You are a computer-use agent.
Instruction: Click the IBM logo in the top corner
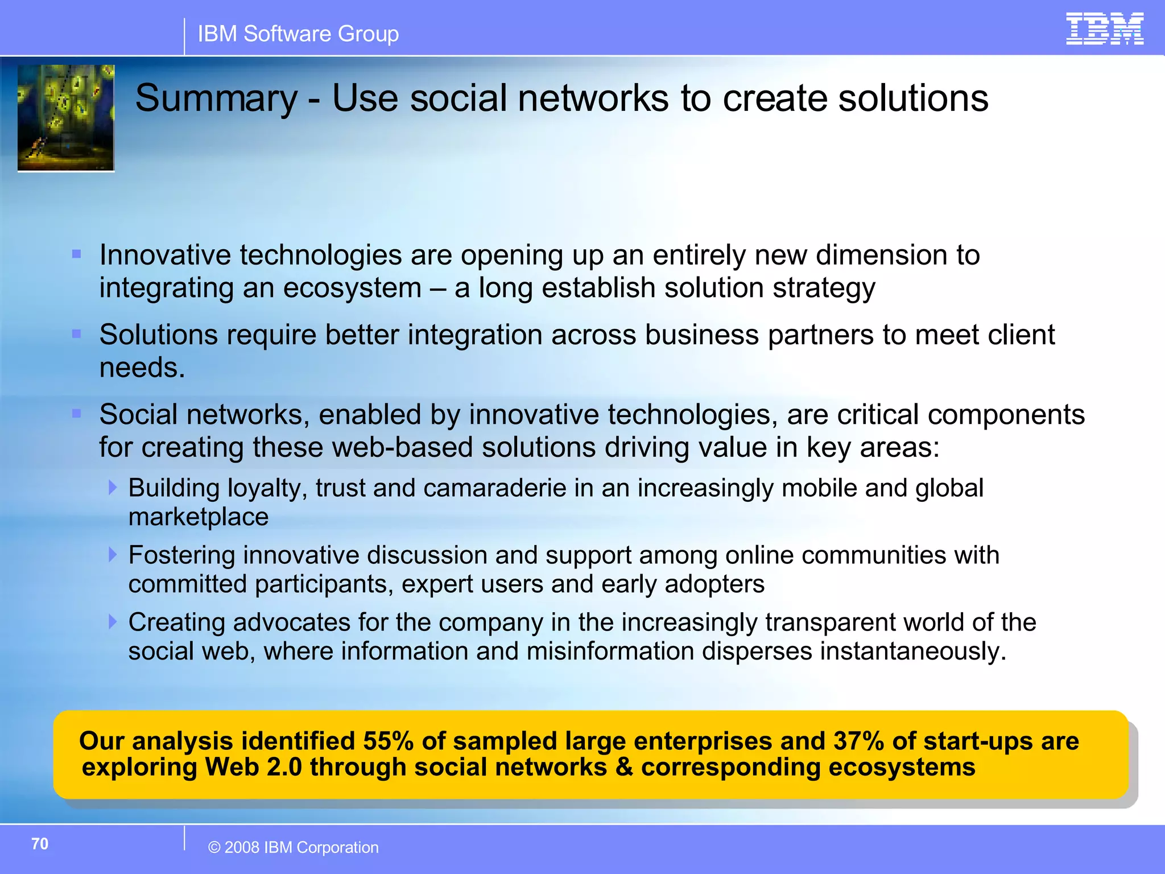pyautogui.click(x=1104, y=28)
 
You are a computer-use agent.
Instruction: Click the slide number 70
pyautogui.click(x=40, y=843)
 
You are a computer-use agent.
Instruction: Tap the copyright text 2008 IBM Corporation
pyautogui.click(x=294, y=847)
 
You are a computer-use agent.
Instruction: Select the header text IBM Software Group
pyautogui.click(x=298, y=34)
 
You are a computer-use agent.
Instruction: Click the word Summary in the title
pyautogui.click(x=216, y=98)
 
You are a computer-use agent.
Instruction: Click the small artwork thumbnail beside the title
pyautogui.click(x=66, y=118)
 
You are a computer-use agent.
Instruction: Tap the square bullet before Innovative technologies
pyautogui.click(x=77, y=254)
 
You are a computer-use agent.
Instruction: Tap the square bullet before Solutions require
pyautogui.click(x=77, y=334)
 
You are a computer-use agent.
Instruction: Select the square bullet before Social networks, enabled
pyautogui.click(x=77, y=414)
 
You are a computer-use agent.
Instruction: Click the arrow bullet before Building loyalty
pyautogui.click(x=113, y=487)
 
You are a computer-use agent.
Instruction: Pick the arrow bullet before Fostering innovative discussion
pyautogui.click(x=113, y=554)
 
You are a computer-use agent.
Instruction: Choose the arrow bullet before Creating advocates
pyautogui.click(x=113, y=621)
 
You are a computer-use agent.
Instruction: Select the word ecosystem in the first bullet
pyautogui.click(x=352, y=288)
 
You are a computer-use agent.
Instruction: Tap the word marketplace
pyautogui.click(x=198, y=517)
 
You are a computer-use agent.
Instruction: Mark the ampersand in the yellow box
pyautogui.click(x=624, y=767)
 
